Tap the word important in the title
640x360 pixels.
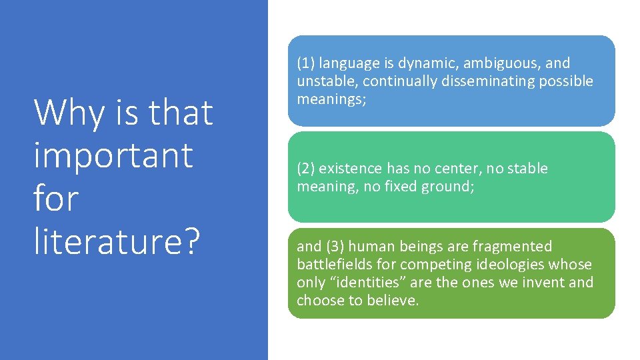(x=113, y=157)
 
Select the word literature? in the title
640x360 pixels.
(x=116, y=241)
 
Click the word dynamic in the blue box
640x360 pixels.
(x=424, y=63)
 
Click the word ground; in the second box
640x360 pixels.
(x=449, y=187)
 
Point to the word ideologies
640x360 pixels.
(x=507, y=265)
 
